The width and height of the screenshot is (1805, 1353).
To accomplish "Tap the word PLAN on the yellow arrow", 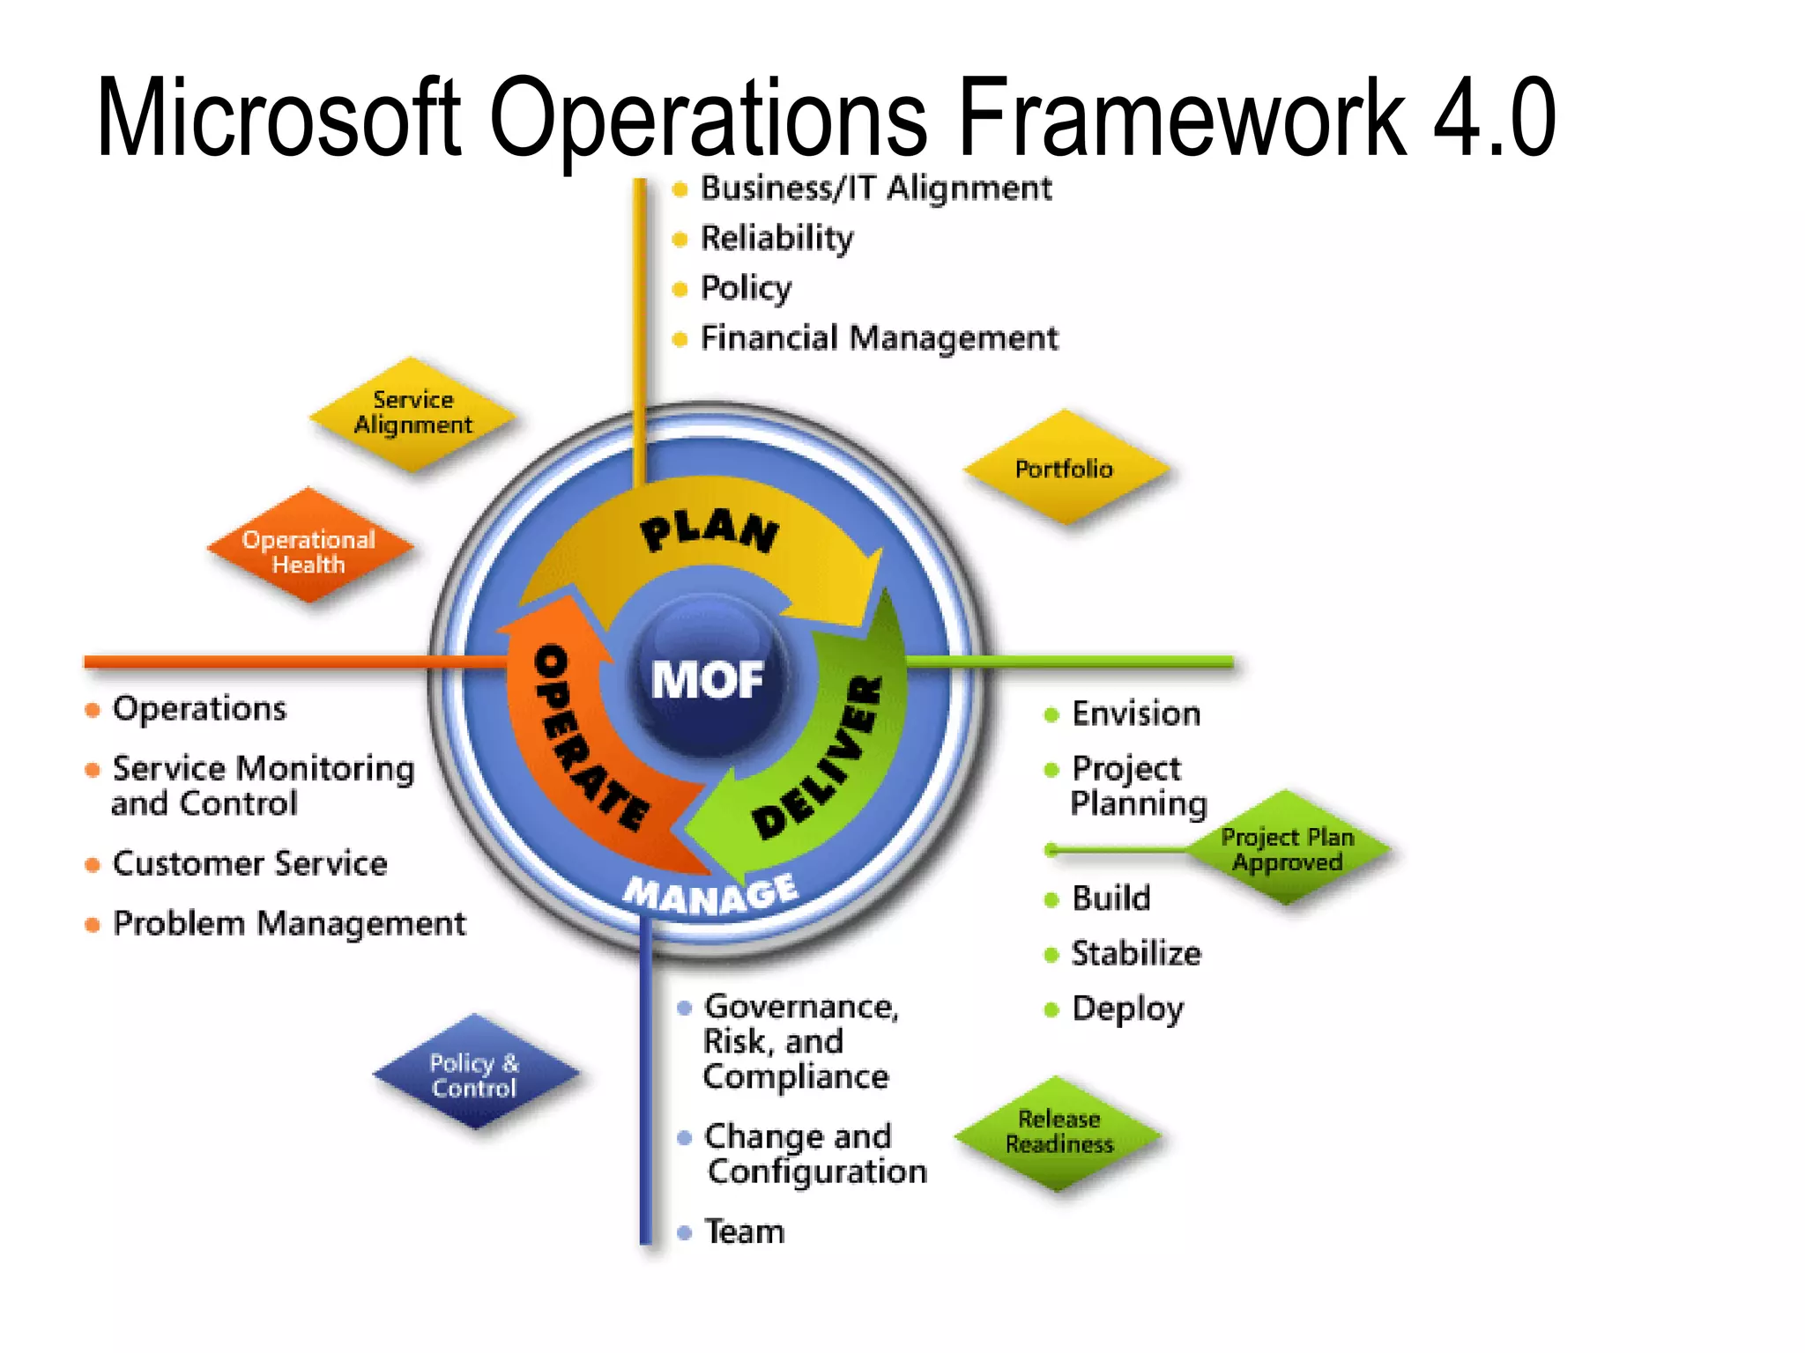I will coord(709,532).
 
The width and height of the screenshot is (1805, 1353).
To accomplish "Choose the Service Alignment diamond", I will coord(412,413).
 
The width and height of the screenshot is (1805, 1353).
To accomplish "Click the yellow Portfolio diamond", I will coord(1065,469).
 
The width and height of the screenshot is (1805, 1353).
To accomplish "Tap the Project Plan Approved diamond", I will coord(1287,849).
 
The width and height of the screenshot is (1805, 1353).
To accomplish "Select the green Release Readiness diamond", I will coord(1058,1132).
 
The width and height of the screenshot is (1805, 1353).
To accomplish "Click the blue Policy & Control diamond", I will coord(475,1075).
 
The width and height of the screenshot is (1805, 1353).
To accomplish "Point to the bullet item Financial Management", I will coord(879,338).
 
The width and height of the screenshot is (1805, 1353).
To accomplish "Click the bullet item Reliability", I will coord(776,238).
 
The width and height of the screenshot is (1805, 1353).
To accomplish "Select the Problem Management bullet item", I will coord(289,924).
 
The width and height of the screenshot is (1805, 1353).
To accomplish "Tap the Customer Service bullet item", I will coord(249,864).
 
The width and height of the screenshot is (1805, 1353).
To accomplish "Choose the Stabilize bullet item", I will coord(1135,954).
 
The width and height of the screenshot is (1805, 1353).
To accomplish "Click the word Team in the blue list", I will coord(744,1232).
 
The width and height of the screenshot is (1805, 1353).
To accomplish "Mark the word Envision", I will coord(1135,714).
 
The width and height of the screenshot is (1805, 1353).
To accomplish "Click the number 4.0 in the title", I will coord(1494,118).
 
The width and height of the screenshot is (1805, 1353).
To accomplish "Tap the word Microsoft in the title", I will coord(278,118).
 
